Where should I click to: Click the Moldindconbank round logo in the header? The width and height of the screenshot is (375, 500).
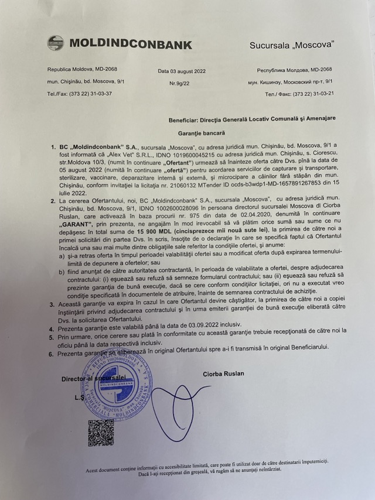pyautogui.click(x=55, y=43)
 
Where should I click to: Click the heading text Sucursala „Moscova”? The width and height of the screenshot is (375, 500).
pyautogui.click(x=291, y=45)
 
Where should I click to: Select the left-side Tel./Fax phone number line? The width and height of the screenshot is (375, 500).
pyautogui.click(x=80, y=94)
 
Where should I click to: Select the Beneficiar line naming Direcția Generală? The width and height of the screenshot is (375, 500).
pyautogui.click(x=251, y=118)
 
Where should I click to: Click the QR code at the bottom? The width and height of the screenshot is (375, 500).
pyautogui.click(x=101, y=431)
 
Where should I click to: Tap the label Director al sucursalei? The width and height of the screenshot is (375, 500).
pyautogui.click(x=94, y=378)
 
